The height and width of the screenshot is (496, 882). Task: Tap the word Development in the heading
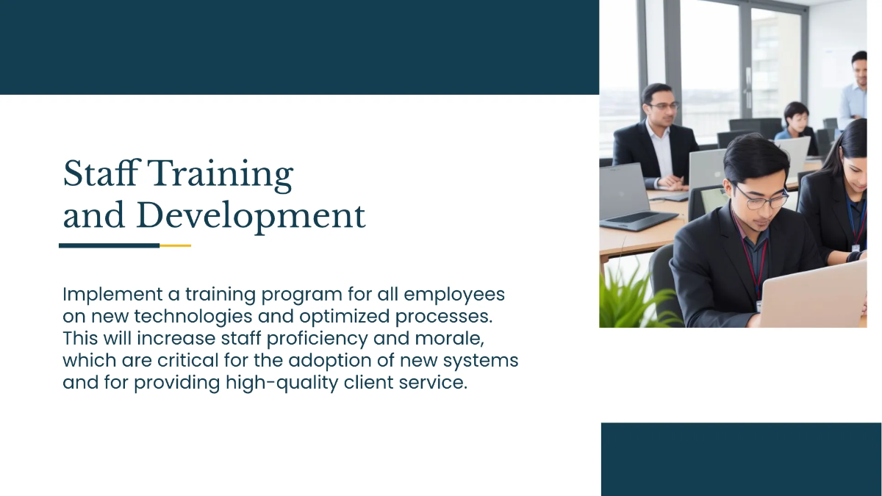251,216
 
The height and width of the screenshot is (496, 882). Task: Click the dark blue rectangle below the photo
741,459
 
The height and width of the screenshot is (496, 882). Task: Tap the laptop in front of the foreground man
816,294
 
